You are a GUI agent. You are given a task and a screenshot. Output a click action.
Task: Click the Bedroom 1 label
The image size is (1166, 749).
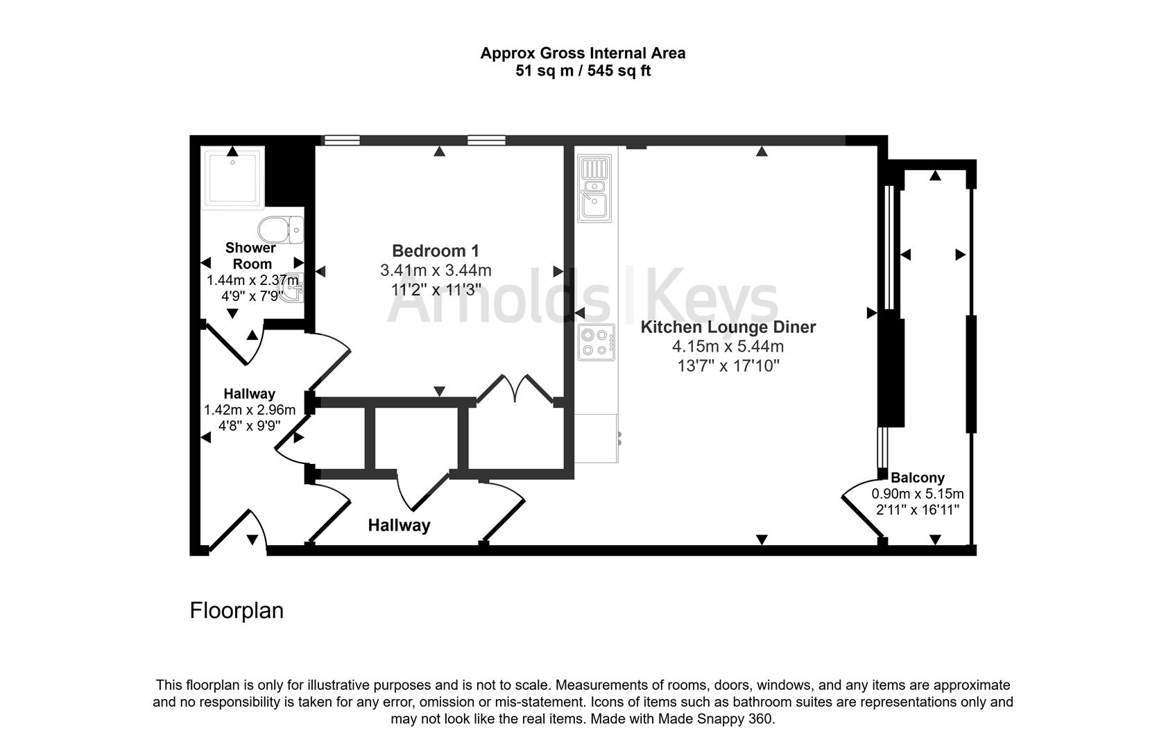435,251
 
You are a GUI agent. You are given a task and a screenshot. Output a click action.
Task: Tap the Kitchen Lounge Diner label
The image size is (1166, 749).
728,327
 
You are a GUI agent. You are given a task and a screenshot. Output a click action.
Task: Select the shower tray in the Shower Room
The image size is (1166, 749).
232,178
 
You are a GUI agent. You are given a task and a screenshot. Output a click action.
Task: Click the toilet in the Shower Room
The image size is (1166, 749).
280,229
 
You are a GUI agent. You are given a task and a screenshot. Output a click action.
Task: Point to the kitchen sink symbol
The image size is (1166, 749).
595,188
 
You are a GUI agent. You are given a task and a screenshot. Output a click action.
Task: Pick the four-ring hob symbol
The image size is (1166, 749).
596,343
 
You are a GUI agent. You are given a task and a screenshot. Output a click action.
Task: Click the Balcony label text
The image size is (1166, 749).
917,478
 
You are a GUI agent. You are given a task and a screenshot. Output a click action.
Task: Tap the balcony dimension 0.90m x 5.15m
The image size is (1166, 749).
917,494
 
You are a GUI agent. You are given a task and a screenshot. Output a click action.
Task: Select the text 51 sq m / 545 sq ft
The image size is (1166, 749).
583,71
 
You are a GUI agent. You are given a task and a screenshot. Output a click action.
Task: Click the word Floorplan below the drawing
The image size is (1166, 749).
237,611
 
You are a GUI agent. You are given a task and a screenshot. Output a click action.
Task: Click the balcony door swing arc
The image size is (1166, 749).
860,506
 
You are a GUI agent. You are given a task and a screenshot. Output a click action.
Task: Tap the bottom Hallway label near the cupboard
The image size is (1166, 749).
399,526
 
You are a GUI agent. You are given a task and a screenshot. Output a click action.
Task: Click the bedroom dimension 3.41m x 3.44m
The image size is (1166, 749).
435,270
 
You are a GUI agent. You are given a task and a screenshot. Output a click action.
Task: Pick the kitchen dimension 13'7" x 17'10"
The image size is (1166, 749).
728,365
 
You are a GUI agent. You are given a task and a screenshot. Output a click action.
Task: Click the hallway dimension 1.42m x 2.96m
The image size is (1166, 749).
249,410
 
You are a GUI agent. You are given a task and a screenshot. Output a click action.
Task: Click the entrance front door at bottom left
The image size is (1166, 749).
236,531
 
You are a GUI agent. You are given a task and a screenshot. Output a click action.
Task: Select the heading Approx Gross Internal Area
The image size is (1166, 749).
583,53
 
